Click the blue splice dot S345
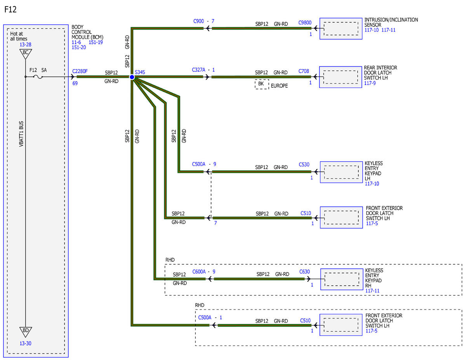click(132, 77)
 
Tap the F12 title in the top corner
click(10, 9)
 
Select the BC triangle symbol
click(26, 54)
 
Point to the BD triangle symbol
click(26, 332)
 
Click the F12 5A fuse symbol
click(38, 77)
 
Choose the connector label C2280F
click(80, 71)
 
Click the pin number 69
click(75, 83)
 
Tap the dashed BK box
click(262, 84)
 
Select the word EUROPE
click(279, 86)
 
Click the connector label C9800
click(305, 23)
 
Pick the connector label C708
click(304, 71)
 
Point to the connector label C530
click(304, 164)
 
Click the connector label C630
click(304, 272)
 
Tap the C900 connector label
click(198, 21)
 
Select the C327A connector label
click(198, 70)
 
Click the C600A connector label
click(199, 272)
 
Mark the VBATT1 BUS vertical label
click(21, 134)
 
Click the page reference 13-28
click(26, 45)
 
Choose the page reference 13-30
click(26, 343)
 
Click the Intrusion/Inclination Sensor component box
click(341, 29)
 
